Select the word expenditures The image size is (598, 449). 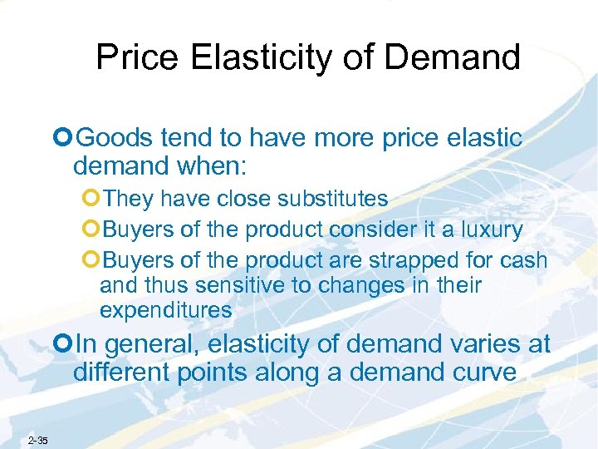click(165, 311)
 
